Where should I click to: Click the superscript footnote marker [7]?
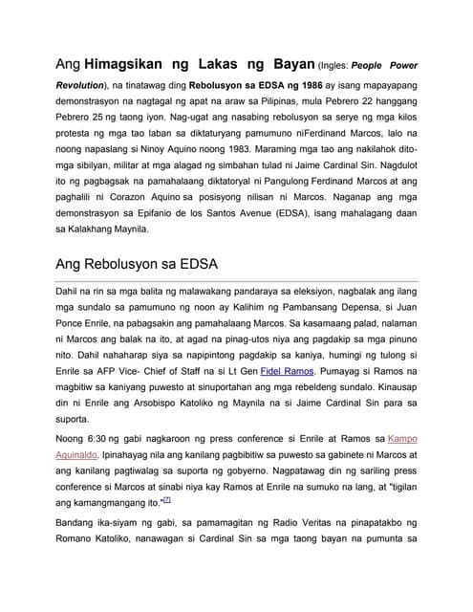(x=167, y=498)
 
